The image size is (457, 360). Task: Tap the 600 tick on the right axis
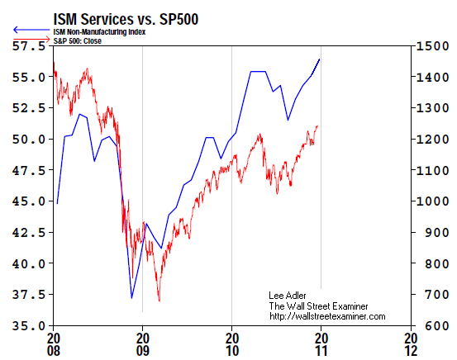pyautogui.click(x=431, y=326)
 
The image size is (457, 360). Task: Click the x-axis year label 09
pyautogui.click(x=142, y=350)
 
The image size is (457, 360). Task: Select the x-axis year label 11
pyautogui.click(x=321, y=350)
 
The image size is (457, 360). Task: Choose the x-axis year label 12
pyautogui.click(x=410, y=350)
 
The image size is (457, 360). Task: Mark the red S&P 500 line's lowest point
pyautogui.click(x=159, y=301)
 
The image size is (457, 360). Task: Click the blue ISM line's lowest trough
pyautogui.click(x=131, y=297)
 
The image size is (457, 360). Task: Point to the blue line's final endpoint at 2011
pyautogui.click(x=320, y=59)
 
